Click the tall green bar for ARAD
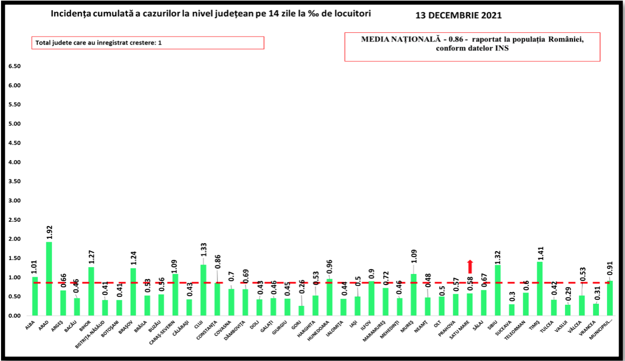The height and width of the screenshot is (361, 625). pyautogui.click(x=49, y=279)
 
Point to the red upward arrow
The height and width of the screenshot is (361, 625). pyautogui.click(x=470, y=266)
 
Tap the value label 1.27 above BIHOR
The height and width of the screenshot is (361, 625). pyautogui.click(x=91, y=257)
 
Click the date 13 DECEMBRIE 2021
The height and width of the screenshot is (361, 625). pyautogui.click(x=458, y=15)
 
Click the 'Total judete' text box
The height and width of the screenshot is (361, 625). pyautogui.click(x=147, y=42)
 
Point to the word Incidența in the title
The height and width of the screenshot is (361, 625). pyautogui.click(x=73, y=14)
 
